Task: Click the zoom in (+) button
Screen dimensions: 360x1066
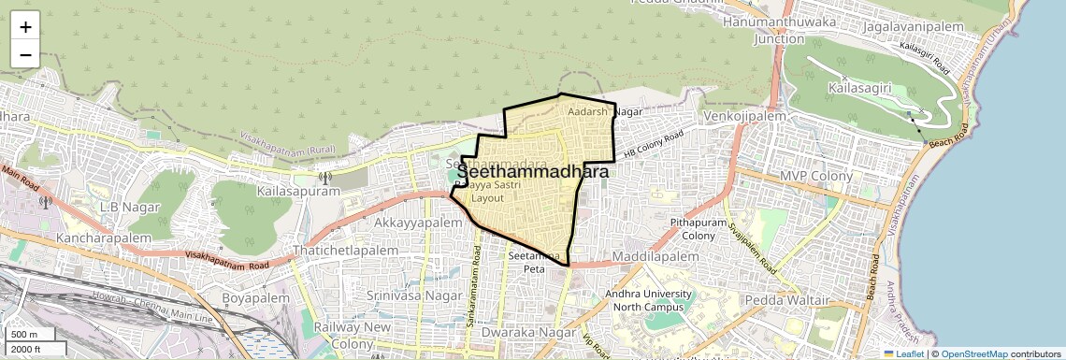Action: [25, 26]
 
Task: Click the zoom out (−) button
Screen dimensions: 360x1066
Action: [25, 54]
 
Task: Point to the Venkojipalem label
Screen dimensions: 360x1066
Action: [746, 116]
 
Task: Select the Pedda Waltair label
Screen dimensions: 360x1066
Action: [787, 300]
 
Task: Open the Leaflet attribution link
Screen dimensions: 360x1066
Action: [904, 354]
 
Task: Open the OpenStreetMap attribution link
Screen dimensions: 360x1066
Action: [973, 354]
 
